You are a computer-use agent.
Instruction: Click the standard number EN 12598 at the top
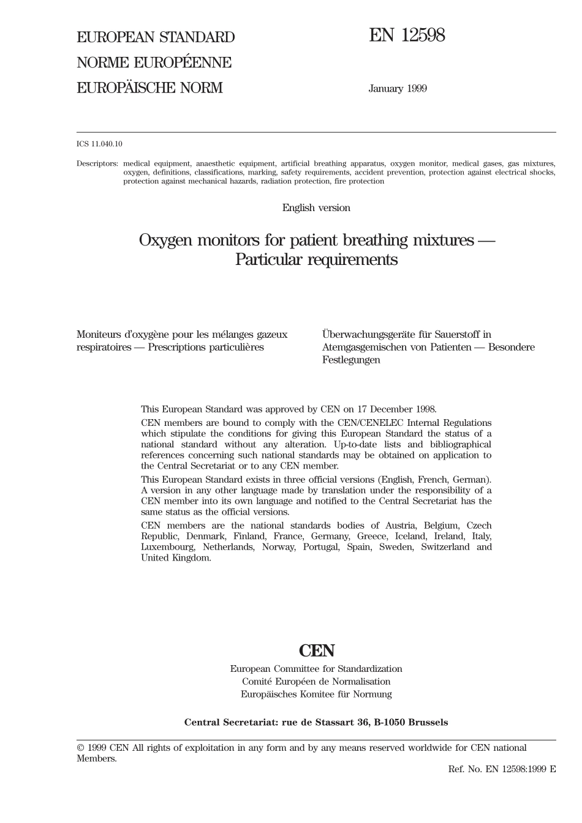pyautogui.click(x=407, y=35)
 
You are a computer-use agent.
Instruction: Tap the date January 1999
pyautogui.click(x=398, y=89)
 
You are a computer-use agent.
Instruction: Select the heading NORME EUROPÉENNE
pyautogui.click(x=154, y=62)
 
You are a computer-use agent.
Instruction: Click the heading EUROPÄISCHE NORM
pyautogui.click(x=149, y=88)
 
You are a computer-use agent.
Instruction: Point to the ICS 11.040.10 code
pyautogui.click(x=99, y=144)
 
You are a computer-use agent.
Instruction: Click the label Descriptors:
pyautogui.click(x=97, y=164)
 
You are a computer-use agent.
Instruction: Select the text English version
pyautogui.click(x=316, y=208)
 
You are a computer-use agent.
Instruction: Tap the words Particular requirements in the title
pyautogui.click(x=317, y=259)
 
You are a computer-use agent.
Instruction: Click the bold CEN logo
pyautogui.click(x=317, y=650)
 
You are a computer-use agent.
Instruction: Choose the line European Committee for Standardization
pyautogui.click(x=316, y=669)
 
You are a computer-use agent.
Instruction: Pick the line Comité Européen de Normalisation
pyautogui.click(x=316, y=682)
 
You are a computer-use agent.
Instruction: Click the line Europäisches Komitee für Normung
pyautogui.click(x=316, y=695)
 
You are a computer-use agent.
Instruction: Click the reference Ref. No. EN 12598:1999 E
pyautogui.click(x=502, y=769)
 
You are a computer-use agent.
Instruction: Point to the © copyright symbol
pyautogui.click(x=80, y=748)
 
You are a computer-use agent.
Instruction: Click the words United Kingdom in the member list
pyautogui.click(x=176, y=558)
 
